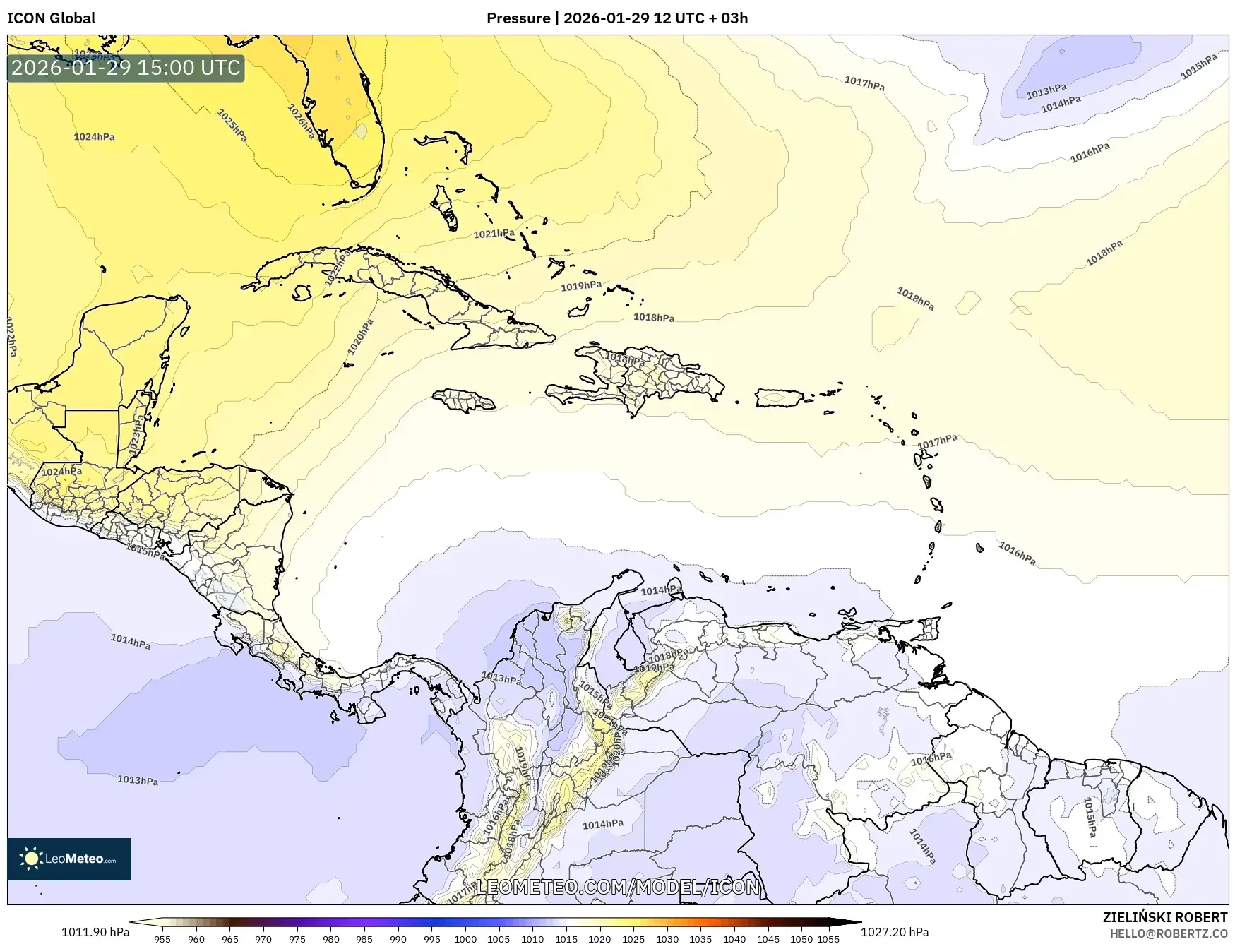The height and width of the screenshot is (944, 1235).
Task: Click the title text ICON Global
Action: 51,18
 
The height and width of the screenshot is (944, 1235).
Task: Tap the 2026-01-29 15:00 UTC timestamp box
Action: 126,68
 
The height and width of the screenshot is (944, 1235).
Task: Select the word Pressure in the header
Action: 518,18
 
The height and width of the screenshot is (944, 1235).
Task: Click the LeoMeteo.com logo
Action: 69,859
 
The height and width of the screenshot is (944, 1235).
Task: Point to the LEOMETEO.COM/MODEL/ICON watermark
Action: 618,887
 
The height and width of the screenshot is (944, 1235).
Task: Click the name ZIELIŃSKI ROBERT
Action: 1165,917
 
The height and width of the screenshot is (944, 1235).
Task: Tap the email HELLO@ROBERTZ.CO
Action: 1168,933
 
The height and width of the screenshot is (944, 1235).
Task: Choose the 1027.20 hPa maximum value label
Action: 895,932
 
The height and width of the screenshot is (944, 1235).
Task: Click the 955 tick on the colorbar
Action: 162,939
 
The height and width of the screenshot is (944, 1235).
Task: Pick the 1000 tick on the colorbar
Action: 465,939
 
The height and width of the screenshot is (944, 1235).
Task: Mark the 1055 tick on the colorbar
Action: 828,939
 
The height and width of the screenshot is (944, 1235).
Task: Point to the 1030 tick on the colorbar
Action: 667,939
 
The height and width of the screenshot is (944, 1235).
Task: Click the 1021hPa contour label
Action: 494,234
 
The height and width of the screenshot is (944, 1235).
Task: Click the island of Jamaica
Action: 465,401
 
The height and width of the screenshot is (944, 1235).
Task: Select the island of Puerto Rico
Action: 780,398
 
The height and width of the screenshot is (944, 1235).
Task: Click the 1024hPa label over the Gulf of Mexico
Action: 94,136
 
